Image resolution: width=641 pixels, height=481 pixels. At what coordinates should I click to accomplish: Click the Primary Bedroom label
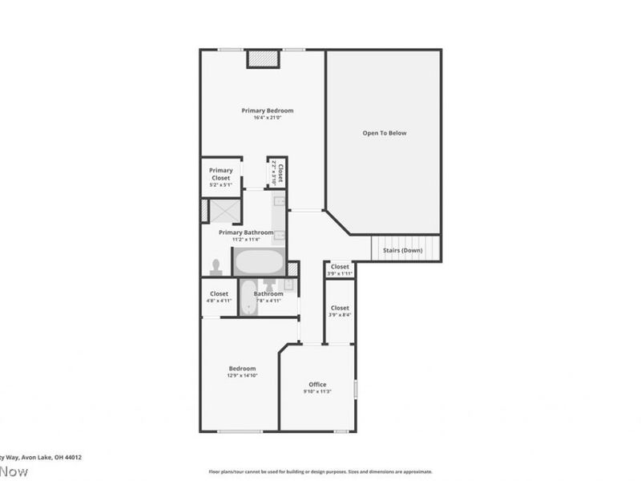point(268,111)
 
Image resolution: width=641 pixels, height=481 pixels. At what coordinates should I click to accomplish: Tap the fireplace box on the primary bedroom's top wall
point(262,59)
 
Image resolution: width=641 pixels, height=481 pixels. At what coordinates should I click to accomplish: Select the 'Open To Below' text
point(385,133)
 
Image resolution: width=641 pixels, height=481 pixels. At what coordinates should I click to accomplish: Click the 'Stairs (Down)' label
point(402,250)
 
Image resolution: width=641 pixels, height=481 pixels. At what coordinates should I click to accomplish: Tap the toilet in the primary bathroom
point(215,265)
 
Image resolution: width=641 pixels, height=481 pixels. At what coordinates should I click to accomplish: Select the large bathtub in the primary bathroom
point(258,261)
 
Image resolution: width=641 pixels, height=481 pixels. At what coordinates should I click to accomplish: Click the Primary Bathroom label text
point(246,232)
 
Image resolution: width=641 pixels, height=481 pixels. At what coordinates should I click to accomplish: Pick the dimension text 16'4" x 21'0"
point(268,118)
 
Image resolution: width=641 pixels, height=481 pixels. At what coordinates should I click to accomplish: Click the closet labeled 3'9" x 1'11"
point(340,269)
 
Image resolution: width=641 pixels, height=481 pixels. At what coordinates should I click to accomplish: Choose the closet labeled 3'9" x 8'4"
point(340,311)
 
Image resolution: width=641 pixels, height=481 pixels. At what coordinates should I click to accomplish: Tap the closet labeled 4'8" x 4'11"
point(219,297)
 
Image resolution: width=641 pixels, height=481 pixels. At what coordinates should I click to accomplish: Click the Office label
point(317,385)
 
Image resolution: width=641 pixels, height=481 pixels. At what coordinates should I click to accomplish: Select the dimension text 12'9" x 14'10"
point(242,375)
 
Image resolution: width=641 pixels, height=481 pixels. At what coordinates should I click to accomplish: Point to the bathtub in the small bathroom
point(248,298)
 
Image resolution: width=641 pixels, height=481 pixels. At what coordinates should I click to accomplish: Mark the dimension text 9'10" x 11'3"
point(317,392)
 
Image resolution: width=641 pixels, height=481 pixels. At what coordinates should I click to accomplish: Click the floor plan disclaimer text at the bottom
point(320,471)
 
